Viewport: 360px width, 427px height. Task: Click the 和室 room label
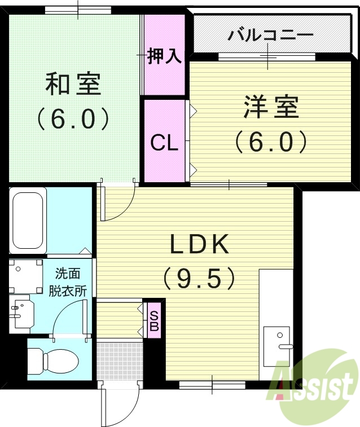point(73,84)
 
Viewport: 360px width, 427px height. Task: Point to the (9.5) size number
point(199,277)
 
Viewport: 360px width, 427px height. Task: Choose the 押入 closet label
point(164,56)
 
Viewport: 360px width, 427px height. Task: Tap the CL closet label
point(164,143)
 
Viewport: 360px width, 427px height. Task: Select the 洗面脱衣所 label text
point(67,283)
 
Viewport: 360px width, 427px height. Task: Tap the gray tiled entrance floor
point(118,360)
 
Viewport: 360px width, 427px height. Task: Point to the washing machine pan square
point(25,276)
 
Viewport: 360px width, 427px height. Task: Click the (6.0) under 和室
point(73,118)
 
